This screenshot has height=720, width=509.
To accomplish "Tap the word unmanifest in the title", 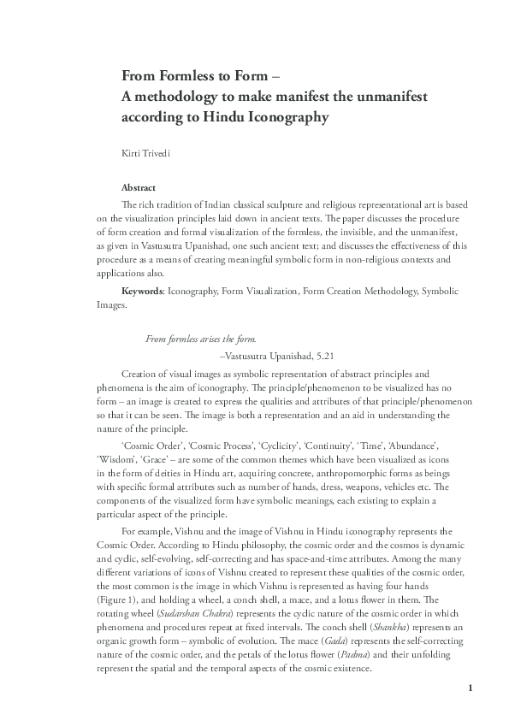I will click(x=379, y=96).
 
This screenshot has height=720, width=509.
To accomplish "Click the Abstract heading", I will click(x=138, y=187).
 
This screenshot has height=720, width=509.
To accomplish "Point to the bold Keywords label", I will click(x=143, y=292).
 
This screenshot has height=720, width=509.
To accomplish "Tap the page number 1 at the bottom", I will click(x=470, y=688).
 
